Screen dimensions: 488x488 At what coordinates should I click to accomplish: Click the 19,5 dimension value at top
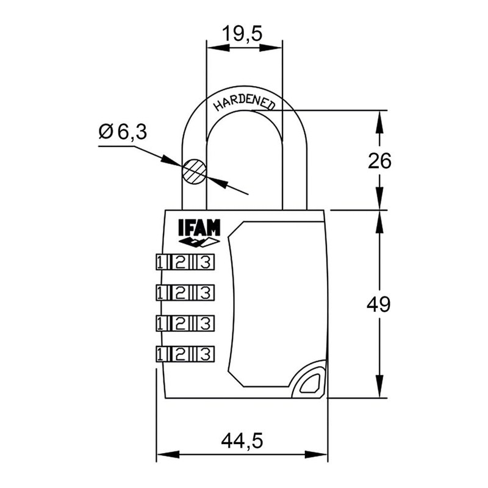point(242,34)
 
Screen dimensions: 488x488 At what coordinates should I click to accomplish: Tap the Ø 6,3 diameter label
point(123,132)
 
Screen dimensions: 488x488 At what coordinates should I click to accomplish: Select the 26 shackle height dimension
point(379,161)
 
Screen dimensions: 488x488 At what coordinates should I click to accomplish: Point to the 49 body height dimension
point(379,304)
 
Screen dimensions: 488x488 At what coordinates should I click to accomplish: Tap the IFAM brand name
point(199,228)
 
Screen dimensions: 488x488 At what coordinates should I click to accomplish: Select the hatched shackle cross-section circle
point(194,171)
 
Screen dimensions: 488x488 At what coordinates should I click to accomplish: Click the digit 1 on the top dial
point(160,262)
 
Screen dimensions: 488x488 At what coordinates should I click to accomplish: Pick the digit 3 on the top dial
point(206,262)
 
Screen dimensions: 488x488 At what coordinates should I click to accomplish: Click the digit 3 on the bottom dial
point(206,353)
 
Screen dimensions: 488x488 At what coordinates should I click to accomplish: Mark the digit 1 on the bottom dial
point(160,353)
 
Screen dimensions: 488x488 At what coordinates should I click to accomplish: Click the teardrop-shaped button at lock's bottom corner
point(309,382)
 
